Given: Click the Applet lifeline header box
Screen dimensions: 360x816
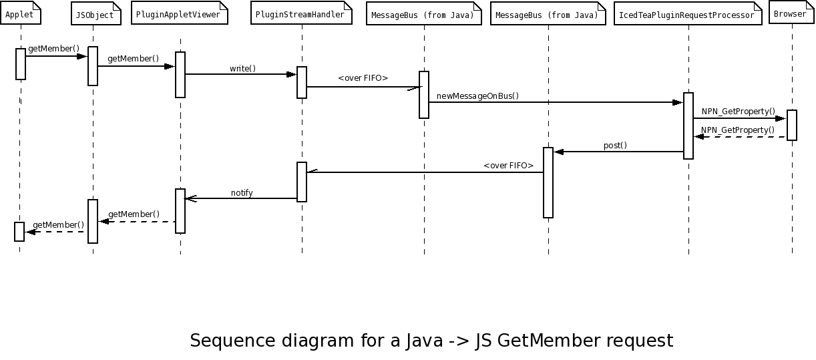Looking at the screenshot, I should click(x=21, y=14).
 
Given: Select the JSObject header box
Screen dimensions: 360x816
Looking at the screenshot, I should click(x=95, y=15).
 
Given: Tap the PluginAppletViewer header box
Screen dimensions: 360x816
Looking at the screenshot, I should click(x=179, y=14).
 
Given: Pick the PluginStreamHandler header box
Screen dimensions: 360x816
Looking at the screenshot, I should click(x=301, y=14).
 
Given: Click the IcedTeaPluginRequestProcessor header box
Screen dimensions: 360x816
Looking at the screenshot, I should click(x=688, y=15).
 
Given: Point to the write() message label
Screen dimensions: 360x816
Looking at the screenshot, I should click(x=242, y=68).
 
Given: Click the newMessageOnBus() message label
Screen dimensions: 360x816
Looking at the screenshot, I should click(x=477, y=96).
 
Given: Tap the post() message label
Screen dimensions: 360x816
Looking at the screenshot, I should click(x=615, y=146).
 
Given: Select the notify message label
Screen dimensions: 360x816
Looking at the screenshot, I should click(x=242, y=193).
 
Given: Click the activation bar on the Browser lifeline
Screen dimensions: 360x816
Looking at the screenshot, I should click(x=792, y=125).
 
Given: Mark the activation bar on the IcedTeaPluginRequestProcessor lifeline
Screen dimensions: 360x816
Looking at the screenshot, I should click(x=688, y=126).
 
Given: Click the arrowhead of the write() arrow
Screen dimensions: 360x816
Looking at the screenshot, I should click(x=292, y=74).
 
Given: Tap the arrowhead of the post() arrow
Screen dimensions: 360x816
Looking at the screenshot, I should click(x=559, y=152).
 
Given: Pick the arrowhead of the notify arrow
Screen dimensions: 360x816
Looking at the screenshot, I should click(x=190, y=198).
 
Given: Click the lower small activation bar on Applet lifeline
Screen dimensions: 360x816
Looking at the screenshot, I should click(x=19, y=231).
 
